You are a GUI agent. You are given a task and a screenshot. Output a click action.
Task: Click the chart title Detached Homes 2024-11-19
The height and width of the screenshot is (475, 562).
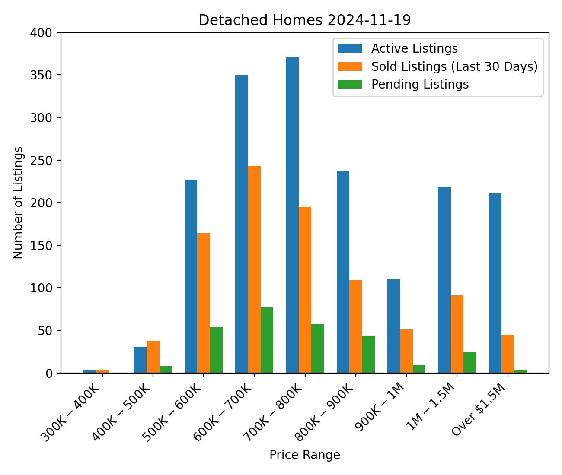pyautogui.click(x=304, y=20)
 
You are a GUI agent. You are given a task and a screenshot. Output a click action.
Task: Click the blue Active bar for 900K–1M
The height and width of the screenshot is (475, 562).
pyautogui.click(x=394, y=326)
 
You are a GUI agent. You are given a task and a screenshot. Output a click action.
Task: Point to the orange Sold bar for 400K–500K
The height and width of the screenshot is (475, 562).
pyautogui.click(x=153, y=357)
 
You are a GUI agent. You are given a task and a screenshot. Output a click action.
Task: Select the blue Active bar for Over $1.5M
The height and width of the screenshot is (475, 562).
pyautogui.click(x=495, y=283)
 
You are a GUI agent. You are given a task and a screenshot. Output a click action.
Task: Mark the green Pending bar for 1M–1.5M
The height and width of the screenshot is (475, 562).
pyautogui.click(x=469, y=362)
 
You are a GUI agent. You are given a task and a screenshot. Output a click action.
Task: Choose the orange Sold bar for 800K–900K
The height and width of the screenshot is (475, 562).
pyautogui.click(x=356, y=326)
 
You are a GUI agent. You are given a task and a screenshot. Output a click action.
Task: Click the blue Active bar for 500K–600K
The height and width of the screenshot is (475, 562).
pyautogui.click(x=191, y=276)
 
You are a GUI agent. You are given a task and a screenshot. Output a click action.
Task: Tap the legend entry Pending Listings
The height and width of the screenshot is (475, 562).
pyautogui.click(x=420, y=85)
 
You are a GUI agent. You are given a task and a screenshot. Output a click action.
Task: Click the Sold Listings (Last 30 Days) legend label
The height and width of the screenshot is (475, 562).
pyautogui.click(x=454, y=66)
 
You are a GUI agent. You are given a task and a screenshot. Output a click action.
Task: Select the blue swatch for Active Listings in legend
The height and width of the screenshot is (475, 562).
pyautogui.click(x=350, y=48)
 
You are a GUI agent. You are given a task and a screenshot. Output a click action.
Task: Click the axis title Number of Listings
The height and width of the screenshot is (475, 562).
pyautogui.click(x=18, y=203)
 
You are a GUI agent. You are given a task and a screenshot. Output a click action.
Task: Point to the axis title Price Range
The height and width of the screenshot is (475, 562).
pyautogui.click(x=304, y=455)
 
